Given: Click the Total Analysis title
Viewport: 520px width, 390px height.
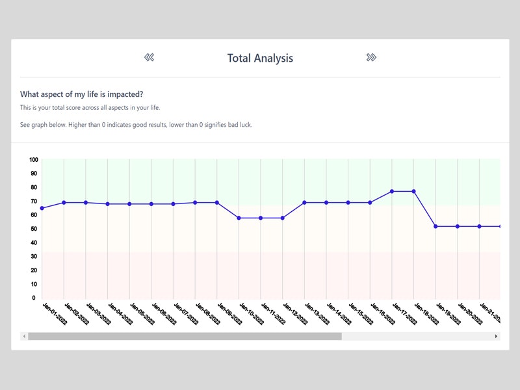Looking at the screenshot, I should [x=260, y=58].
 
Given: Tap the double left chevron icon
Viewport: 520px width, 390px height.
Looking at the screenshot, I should [x=149, y=58].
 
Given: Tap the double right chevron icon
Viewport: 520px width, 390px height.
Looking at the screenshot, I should [x=371, y=58].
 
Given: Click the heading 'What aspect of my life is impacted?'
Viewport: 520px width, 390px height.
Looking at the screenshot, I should [x=82, y=94].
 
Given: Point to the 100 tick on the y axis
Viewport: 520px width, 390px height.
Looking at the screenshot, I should [x=34, y=160].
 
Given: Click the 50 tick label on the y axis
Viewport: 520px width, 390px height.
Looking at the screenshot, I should [x=34, y=229].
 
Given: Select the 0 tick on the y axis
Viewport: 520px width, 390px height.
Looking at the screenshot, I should [x=34, y=298].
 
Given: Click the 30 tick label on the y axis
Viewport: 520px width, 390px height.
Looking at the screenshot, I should [x=34, y=257].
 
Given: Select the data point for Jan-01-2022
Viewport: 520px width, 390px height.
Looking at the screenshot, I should [x=42, y=208].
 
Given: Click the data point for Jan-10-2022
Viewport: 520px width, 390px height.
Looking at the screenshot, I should [x=239, y=218].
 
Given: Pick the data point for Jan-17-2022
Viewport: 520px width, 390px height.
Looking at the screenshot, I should [x=392, y=191].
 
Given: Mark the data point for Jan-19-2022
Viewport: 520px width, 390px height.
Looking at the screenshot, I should [x=435, y=226].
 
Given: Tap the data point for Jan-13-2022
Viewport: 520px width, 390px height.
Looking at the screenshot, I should [x=304, y=203].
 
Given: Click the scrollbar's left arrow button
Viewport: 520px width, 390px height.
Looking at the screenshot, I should [x=24, y=336].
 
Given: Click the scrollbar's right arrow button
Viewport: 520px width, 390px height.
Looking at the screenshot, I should [x=496, y=336].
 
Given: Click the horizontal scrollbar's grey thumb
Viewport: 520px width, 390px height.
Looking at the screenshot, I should [x=184, y=336].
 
